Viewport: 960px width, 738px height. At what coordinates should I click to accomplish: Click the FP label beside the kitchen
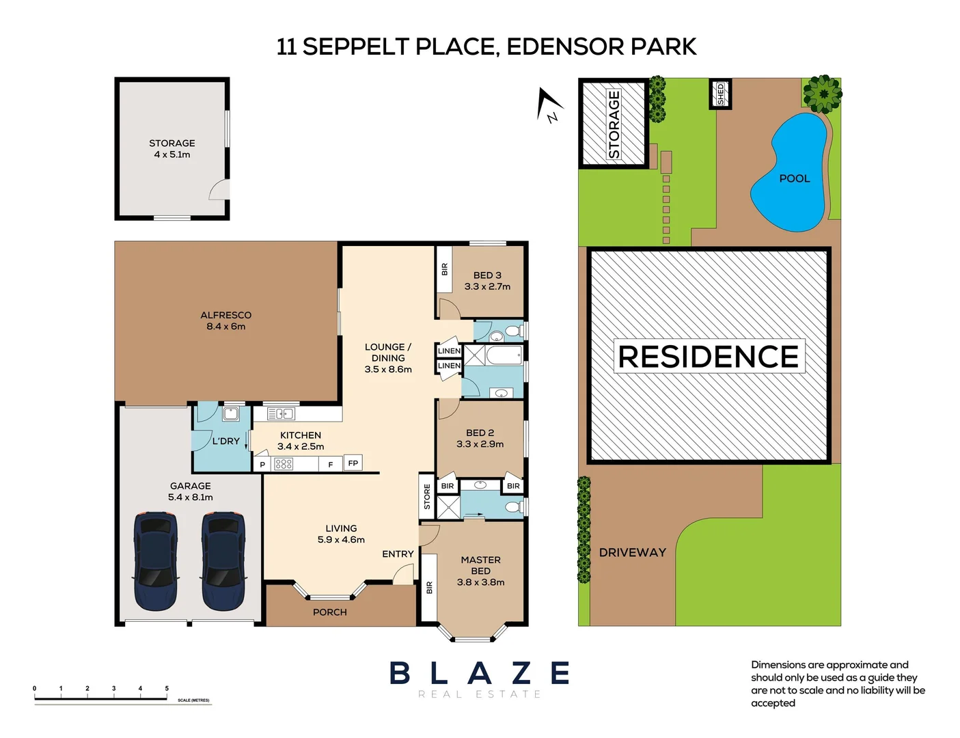click(x=353, y=463)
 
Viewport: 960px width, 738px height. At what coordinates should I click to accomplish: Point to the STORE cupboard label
click(x=427, y=497)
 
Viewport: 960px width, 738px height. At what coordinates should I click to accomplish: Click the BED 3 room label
click(x=487, y=275)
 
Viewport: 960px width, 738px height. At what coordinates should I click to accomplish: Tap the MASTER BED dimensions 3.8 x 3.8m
click(x=480, y=582)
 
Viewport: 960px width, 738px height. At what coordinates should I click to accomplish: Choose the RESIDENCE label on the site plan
click(x=709, y=357)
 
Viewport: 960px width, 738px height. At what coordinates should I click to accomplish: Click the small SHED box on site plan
click(x=720, y=94)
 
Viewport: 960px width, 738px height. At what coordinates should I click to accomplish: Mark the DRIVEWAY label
click(x=632, y=552)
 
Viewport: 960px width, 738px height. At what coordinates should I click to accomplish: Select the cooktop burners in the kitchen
click(x=284, y=464)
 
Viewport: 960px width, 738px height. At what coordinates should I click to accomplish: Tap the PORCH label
click(x=330, y=612)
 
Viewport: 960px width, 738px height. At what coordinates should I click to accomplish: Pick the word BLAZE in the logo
click(x=480, y=673)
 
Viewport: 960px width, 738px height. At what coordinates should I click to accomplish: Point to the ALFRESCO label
click(x=226, y=315)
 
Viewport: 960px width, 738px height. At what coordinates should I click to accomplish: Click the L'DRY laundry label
click(x=225, y=441)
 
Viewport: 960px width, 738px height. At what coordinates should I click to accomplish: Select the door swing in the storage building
click(x=219, y=189)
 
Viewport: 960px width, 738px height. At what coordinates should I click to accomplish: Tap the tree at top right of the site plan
click(x=822, y=94)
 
